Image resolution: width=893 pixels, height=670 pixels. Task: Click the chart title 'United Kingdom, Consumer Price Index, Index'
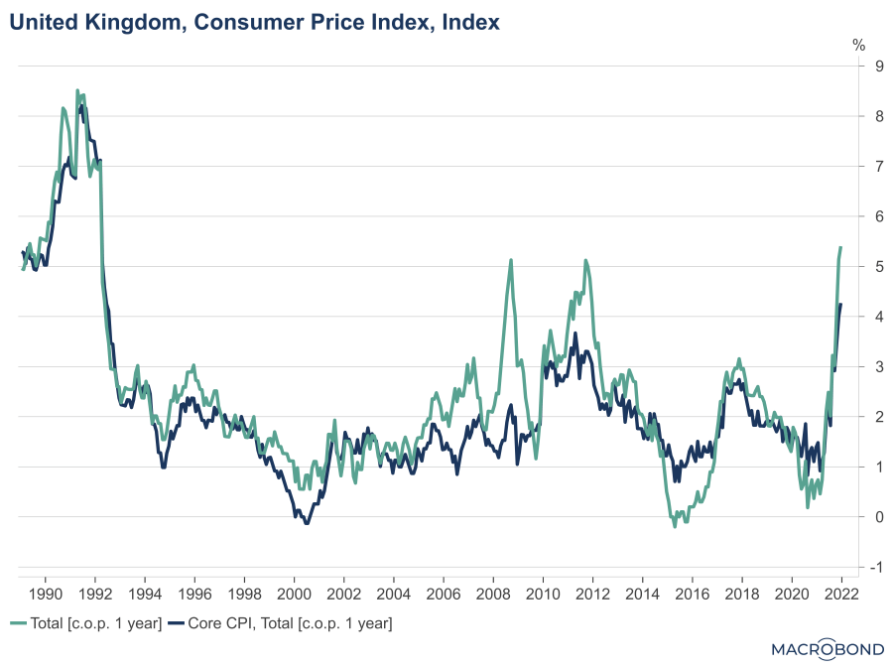point(255,21)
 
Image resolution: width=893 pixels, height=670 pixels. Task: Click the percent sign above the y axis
point(859,46)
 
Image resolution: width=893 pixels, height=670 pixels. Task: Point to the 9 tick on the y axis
point(851,67)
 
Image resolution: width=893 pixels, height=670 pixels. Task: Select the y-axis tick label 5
point(851,267)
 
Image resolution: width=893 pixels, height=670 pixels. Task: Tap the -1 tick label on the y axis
point(849,567)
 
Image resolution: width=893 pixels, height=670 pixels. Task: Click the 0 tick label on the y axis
point(851,517)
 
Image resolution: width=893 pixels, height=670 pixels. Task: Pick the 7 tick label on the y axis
point(851,167)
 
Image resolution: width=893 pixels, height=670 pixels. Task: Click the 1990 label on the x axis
point(45,594)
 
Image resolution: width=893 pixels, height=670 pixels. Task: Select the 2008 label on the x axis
point(493,594)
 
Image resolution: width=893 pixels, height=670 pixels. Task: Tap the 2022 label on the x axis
point(841,594)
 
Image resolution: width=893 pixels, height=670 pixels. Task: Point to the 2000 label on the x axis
point(294,594)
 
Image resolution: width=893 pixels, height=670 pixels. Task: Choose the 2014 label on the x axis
point(642,594)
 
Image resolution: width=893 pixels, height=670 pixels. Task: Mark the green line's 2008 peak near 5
point(511,260)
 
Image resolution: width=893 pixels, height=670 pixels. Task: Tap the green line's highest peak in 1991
point(78,90)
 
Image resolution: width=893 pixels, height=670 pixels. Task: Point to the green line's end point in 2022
point(841,247)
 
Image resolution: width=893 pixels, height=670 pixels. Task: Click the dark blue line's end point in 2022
point(841,305)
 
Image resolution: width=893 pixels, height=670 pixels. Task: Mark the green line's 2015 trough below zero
point(675,526)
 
